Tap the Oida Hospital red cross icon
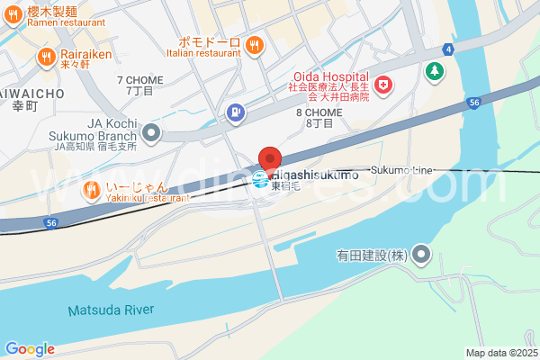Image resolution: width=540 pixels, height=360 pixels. pyautogui.click(x=384, y=85)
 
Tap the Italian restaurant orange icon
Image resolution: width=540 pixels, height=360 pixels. pyautogui.click(x=254, y=42)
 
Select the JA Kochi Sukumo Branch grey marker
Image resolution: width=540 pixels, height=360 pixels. pyautogui.click(x=151, y=134)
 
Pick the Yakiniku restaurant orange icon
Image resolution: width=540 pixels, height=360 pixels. pyautogui.click(x=91, y=190)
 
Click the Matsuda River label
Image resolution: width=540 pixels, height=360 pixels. pyautogui.click(x=111, y=310)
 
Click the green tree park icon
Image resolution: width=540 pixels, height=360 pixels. pyautogui.click(x=436, y=70)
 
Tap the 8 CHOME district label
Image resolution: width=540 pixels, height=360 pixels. pyautogui.click(x=319, y=117)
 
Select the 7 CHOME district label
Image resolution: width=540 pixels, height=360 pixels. pyautogui.click(x=140, y=85)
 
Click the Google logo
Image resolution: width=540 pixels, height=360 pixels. pyautogui.click(x=30, y=349)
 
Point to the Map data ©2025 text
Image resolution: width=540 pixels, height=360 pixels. pyautogui.click(x=499, y=353)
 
